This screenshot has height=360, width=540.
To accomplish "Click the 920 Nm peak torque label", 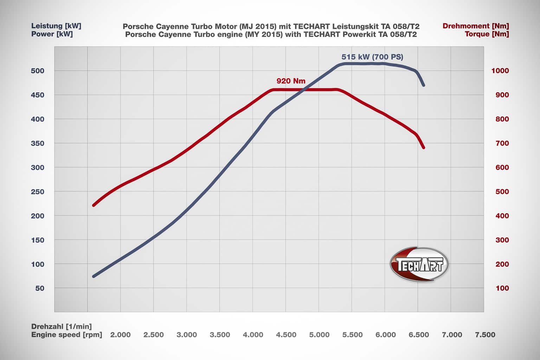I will click(291, 81).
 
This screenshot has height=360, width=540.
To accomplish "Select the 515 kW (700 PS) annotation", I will click(372, 57).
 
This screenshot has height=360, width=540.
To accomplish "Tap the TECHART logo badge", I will click(419, 264).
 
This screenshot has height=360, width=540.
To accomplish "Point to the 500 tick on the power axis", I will click(38, 71).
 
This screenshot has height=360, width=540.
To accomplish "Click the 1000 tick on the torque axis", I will click(500, 71).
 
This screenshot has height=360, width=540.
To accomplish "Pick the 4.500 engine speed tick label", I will click(286, 335).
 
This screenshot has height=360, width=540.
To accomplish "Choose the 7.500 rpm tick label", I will click(485, 335).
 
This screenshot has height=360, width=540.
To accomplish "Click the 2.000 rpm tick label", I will click(120, 335).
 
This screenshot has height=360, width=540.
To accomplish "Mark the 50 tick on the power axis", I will click(40, 288).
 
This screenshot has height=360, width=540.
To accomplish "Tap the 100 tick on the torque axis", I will click(502, 288).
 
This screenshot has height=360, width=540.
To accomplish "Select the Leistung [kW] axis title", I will click(56, 26).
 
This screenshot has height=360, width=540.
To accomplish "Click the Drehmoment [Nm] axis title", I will click(476, 26).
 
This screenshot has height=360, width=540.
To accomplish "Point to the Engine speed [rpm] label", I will click(67, 335).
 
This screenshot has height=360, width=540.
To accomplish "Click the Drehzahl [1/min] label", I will click(62, 327).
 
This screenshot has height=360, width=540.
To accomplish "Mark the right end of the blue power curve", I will click(424, 85).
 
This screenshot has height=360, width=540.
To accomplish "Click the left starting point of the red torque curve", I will click(94, 205).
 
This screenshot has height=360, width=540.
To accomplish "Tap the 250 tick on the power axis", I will click(38, 192).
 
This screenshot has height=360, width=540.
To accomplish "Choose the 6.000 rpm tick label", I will click(385, 335).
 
